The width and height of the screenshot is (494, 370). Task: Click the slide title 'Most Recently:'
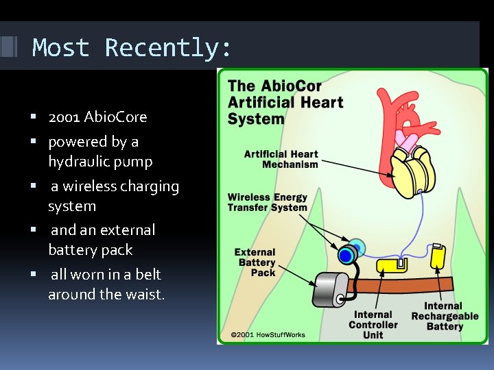point(132,48)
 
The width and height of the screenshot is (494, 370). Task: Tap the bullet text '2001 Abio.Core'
point(97,117)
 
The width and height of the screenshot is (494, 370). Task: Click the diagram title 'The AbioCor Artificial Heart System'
point(285,103)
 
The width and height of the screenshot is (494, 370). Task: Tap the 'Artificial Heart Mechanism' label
point(281,159)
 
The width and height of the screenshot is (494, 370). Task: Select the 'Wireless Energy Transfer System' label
point(268,202)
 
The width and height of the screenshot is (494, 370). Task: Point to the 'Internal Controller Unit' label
point(373,325)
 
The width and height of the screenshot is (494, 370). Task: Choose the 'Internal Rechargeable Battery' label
point(445,317)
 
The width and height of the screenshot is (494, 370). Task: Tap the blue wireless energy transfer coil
point(346,256)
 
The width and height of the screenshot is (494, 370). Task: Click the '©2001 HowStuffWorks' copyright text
point(268,335)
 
